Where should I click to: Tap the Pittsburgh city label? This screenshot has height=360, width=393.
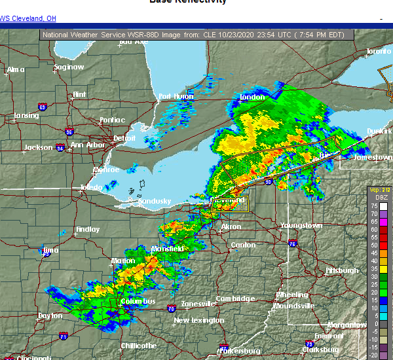[342, 270]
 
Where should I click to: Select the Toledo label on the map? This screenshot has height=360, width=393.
[91, 187]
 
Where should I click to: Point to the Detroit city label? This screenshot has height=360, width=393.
[124, 138]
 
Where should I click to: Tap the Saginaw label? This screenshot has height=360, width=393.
[69, 67]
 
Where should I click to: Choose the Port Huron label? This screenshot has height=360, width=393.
[175, 97]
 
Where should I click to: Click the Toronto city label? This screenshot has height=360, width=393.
[378, 51]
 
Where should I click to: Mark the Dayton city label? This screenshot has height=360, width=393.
[50, 315]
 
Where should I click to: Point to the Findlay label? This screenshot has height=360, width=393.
[87, 229]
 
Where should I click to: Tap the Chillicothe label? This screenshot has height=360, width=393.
[138, 345]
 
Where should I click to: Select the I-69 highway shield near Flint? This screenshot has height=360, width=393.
[43, 105]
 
